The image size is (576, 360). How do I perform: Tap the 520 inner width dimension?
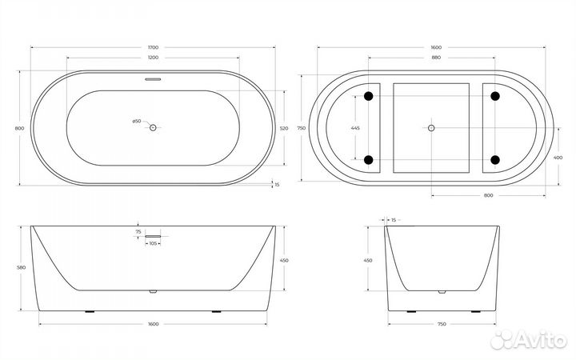click(x=284, y=128)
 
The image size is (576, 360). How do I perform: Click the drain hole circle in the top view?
click(x=154, y=128)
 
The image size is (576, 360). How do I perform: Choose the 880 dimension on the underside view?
click(x=431, y=58)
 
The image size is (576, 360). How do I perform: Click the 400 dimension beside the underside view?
click(x=557, y=158)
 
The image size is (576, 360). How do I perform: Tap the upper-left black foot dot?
click(x=368, y=97)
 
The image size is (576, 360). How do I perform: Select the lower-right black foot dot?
click(x=494, y=158)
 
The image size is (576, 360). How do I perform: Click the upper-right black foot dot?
click(x=494, y=97)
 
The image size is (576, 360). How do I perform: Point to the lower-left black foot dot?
click(x=368, y=158)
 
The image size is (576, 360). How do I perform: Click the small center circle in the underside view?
click(x=431, y=128)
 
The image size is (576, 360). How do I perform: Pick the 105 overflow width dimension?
click(x=154, y=243)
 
